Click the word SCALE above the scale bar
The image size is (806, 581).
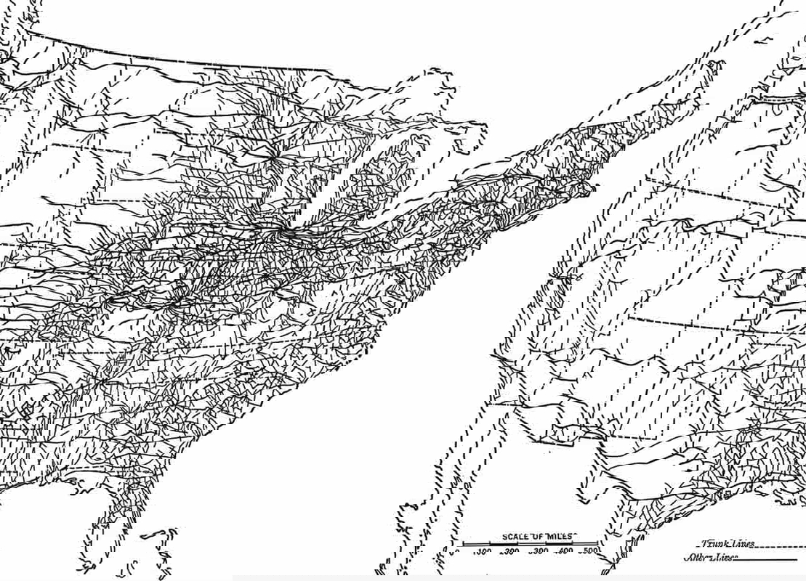(x=514, y=537)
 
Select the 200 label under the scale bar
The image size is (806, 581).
(x=510, y=551)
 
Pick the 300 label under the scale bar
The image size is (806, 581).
(x=538, y=551)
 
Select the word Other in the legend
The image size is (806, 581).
(x=698, y=558)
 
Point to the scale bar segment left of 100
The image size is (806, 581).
(x=472, y=543)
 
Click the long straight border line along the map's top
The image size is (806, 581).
(x=182, y=58)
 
